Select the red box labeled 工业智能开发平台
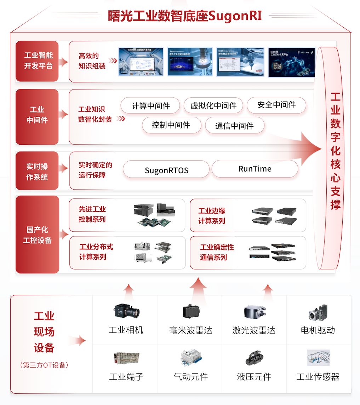point(37,61)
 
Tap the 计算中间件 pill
point(151,106)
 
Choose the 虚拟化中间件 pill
point(213,106)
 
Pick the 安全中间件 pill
point(276,105)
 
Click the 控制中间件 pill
point(171,125)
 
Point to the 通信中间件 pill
point(234,126)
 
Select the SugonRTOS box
point(166,170)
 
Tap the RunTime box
point(255,169)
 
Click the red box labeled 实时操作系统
point(37,172)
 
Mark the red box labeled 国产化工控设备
point(37,235)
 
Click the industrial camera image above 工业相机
point(126,312)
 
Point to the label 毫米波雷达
point(190,330)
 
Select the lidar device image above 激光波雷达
point(254,311)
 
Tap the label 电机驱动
point(318,330)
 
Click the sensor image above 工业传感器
point(318,358)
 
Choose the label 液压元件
point(254,377)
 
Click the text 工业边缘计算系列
point(212,216)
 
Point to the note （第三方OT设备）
point(44,365)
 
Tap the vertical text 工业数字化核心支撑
point(335,151)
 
